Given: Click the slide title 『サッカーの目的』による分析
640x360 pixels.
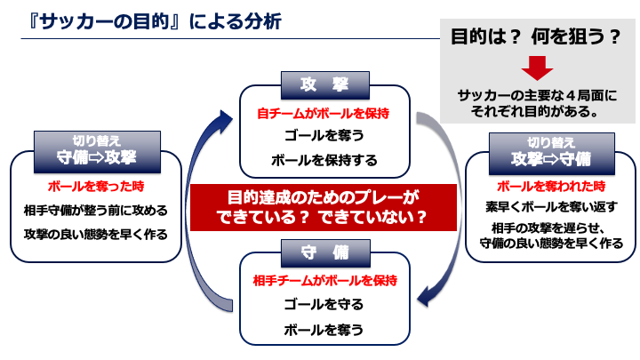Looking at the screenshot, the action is point(155,21).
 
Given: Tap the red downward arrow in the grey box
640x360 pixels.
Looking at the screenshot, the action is point(537,68).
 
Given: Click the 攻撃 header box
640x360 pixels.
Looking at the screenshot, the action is point(325,85).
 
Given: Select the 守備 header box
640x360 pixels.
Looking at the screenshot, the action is point(325,253).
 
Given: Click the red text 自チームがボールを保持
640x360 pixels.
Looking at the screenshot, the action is point(324,114).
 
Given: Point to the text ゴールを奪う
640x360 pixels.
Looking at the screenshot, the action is point(324,135).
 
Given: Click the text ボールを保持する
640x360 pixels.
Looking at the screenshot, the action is point(324,160).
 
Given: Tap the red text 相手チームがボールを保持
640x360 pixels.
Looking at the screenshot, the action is point(325,281).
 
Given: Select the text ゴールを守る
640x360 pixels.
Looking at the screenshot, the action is point(324,305).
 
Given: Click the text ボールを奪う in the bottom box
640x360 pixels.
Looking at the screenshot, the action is point(324,330).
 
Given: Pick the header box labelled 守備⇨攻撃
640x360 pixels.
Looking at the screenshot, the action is point(97,152).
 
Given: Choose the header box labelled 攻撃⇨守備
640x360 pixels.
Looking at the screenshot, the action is point(552,154).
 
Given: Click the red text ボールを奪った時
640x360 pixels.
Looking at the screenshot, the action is point(96,187).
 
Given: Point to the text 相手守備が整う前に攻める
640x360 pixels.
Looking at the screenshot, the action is point(96,211).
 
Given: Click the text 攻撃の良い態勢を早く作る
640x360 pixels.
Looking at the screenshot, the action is point(96,235).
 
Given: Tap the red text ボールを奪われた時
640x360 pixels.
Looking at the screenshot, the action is point(551,187).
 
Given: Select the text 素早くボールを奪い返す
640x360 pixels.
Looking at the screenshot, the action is point(551,207).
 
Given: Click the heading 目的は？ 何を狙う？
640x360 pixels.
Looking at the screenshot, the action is point(536,36).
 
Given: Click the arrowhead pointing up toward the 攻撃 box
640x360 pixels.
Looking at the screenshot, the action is point(224,120).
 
